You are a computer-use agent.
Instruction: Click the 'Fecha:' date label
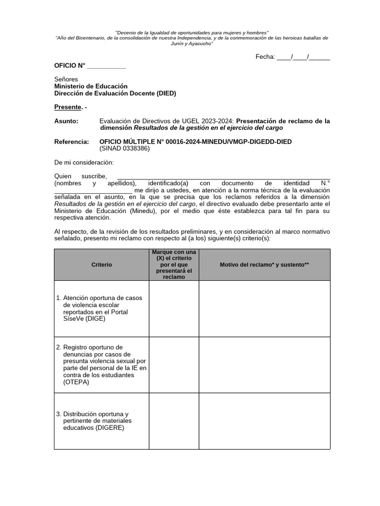tap(265, 57)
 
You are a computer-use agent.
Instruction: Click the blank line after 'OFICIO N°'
tap(106, 66)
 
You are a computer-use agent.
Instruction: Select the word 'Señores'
tap(66, 79)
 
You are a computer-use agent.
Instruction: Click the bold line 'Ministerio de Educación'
tap(91, 86)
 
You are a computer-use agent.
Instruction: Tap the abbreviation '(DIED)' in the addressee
tap(166, 93)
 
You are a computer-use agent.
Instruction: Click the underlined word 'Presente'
tap(67, 107)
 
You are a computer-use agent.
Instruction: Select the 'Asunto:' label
tap(66, 121)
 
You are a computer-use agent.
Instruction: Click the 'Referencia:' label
tap(71, 142)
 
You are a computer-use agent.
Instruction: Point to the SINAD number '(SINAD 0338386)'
tap(124, 149)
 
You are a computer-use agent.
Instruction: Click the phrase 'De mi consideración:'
tap(84, 163)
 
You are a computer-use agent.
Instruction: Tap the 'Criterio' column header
tap(101, 265)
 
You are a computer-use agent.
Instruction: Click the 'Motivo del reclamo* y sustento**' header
tap(264, 265)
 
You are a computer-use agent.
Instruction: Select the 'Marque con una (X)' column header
tap(174, 265)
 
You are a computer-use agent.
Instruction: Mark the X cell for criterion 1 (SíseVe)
tap(174, 309)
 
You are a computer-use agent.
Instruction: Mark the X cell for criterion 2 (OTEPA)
tap(174, 365)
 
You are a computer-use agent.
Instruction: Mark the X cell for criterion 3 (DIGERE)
tap(174, 421)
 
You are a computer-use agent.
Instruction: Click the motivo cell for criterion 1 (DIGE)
tap(264, 309)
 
